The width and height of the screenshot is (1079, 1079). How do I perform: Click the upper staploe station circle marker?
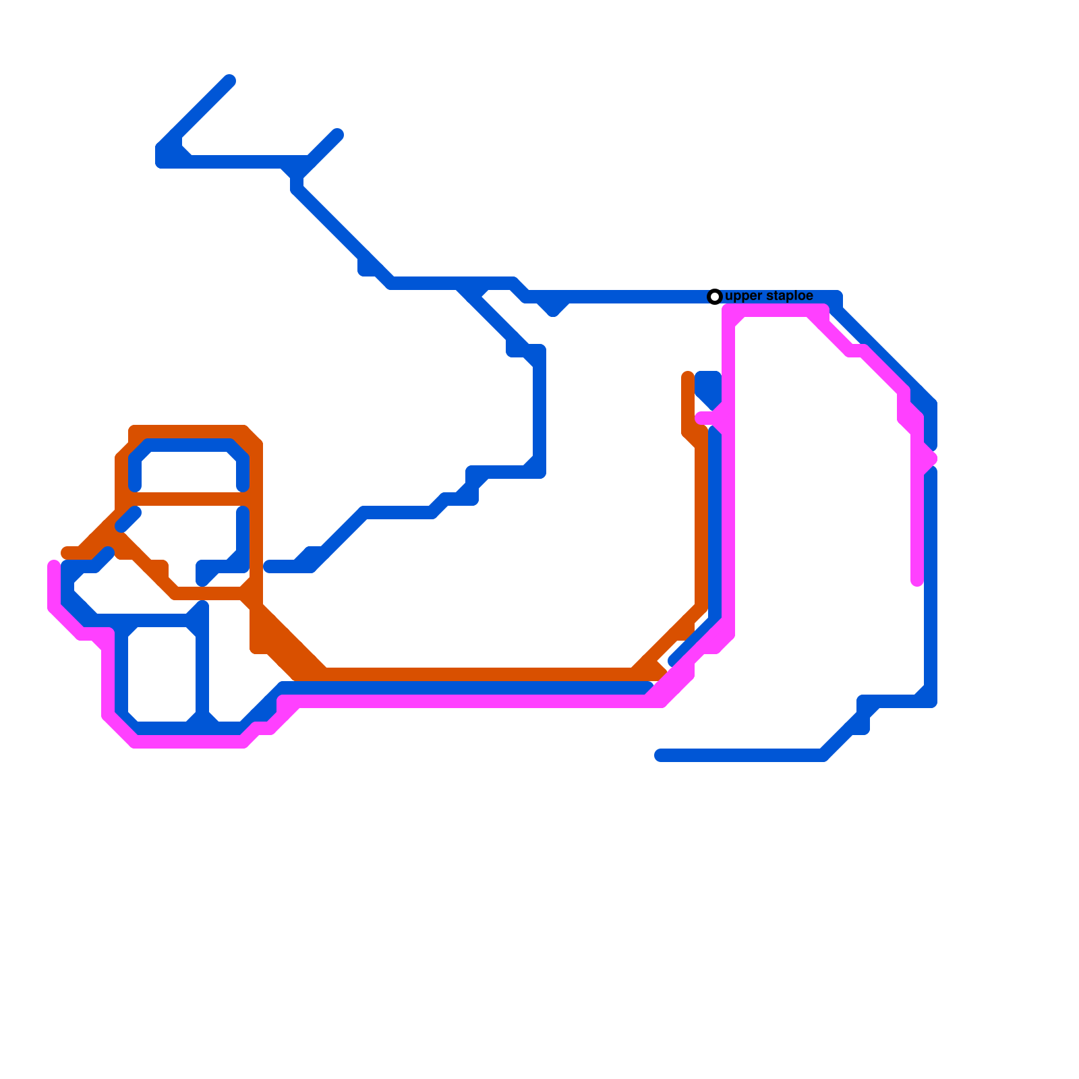(x=715, y=297)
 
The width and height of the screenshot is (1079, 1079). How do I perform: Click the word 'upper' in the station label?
(x=743, y=297)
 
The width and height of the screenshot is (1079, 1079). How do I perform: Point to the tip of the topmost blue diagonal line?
(x=229, y=81)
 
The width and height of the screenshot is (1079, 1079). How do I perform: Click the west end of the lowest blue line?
(x=660, y=755)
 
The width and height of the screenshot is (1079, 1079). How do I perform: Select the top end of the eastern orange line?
(x=688, y=377)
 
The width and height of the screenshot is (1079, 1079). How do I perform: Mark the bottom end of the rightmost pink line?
(x=917, y=581)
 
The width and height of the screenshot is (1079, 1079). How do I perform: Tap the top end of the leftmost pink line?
(x=54, y=565)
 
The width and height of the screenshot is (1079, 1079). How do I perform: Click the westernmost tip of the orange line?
(x=66, y=553)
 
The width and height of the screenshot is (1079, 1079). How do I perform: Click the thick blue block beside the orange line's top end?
(x=709, y=386)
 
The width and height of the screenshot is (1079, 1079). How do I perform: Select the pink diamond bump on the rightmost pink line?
(x=928, y=459)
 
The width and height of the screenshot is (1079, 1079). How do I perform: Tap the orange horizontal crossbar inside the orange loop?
(x=189, y=499)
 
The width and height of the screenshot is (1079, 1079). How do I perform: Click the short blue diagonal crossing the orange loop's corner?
(x=128, y=520)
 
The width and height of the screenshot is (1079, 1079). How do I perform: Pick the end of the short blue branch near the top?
(x=337, y=135)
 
